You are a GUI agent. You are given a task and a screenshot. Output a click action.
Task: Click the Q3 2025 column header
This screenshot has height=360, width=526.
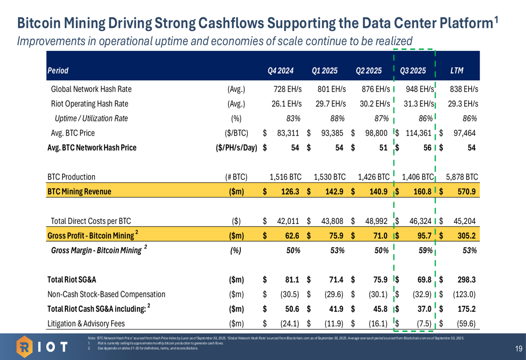pos(413,70)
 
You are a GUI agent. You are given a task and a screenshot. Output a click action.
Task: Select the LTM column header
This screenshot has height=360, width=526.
pos(457,70)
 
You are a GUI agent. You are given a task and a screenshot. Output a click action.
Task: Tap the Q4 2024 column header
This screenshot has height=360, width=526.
pos(280,70)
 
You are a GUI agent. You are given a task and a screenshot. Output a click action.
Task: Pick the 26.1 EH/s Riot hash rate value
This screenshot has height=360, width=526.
pos(286,104)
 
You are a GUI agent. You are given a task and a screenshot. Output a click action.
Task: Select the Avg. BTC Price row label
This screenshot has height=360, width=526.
pos(73,133)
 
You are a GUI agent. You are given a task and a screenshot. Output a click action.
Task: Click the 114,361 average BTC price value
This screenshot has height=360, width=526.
pos(419,133)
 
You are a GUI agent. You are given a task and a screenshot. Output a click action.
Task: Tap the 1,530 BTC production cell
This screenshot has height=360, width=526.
pos(329,177)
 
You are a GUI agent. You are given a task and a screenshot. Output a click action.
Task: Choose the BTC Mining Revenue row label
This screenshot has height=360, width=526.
pos(78,191)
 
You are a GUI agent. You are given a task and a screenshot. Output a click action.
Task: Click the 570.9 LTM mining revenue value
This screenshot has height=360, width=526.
pos(467,191)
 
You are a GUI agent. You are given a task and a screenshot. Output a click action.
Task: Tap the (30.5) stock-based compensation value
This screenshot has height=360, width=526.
pos(289,294)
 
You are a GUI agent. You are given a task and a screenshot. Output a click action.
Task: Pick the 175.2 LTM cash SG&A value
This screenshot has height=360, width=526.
pos(467,308)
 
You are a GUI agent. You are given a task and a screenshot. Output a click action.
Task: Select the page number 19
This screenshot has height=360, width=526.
pos(518,348)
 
